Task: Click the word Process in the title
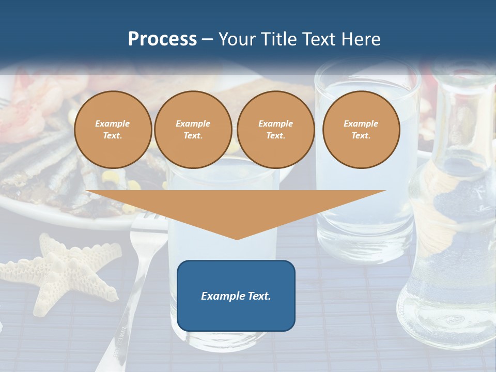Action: [162, 39]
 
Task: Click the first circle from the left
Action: [113, 130]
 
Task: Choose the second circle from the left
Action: [193, 130]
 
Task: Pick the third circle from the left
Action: [275, 130]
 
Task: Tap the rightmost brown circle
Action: [361, 130]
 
